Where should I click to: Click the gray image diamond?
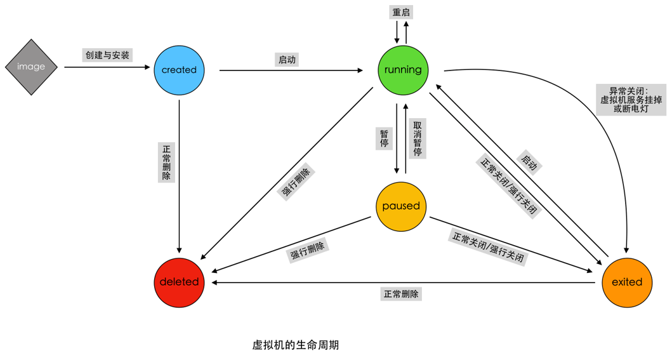coord(31,67)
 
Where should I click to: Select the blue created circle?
coord(179,70)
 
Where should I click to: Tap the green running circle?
coord(403,69)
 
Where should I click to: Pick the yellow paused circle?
coord(401,206)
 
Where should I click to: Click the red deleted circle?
coord(179,282)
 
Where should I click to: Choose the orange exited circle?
coord(627,282)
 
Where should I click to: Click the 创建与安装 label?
coord(107,55)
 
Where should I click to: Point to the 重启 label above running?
coord(401,12)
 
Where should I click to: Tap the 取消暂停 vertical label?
coord(418,138)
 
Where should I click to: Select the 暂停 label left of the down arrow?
coord(385,138)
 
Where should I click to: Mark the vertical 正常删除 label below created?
coord(166,162)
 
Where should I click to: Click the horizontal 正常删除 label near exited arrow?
coord(401,294)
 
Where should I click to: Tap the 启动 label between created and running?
coord(287,60)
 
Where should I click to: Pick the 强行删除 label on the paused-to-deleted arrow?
coord(308,251)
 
